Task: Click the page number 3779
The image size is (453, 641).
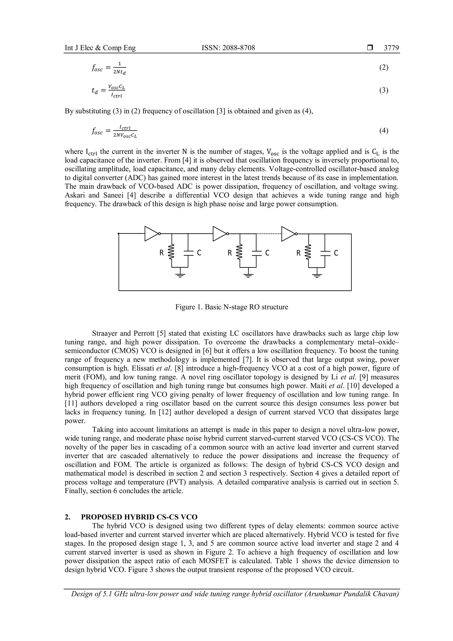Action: click(x=391, y=48)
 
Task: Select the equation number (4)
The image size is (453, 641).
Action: click(x=384, y=130)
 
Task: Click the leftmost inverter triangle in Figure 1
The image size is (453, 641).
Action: click(x=151, y=234)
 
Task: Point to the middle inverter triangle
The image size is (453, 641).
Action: click(x=219, y=234)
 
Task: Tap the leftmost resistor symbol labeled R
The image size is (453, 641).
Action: click(x=172, y=253)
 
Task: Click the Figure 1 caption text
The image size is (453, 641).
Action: click(x=232, y=307)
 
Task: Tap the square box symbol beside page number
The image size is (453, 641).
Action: click(x=370, y=48)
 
